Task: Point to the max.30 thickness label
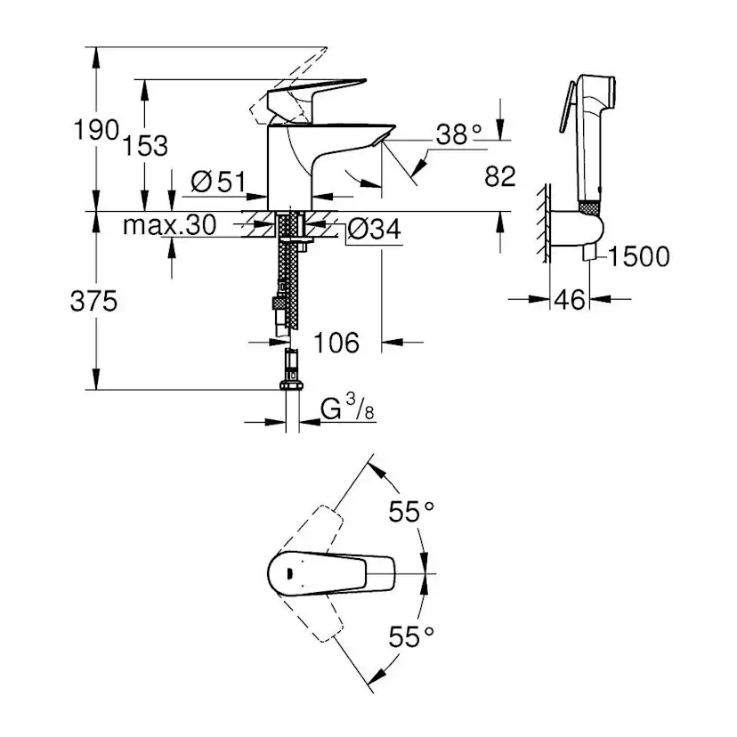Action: coord(169,226)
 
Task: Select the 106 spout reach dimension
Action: coord(336,342)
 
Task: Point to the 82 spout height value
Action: coord(500,176)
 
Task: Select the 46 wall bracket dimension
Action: coord(570,300)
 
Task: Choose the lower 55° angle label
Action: coord(410,636)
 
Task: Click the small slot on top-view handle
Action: coord(289,573)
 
